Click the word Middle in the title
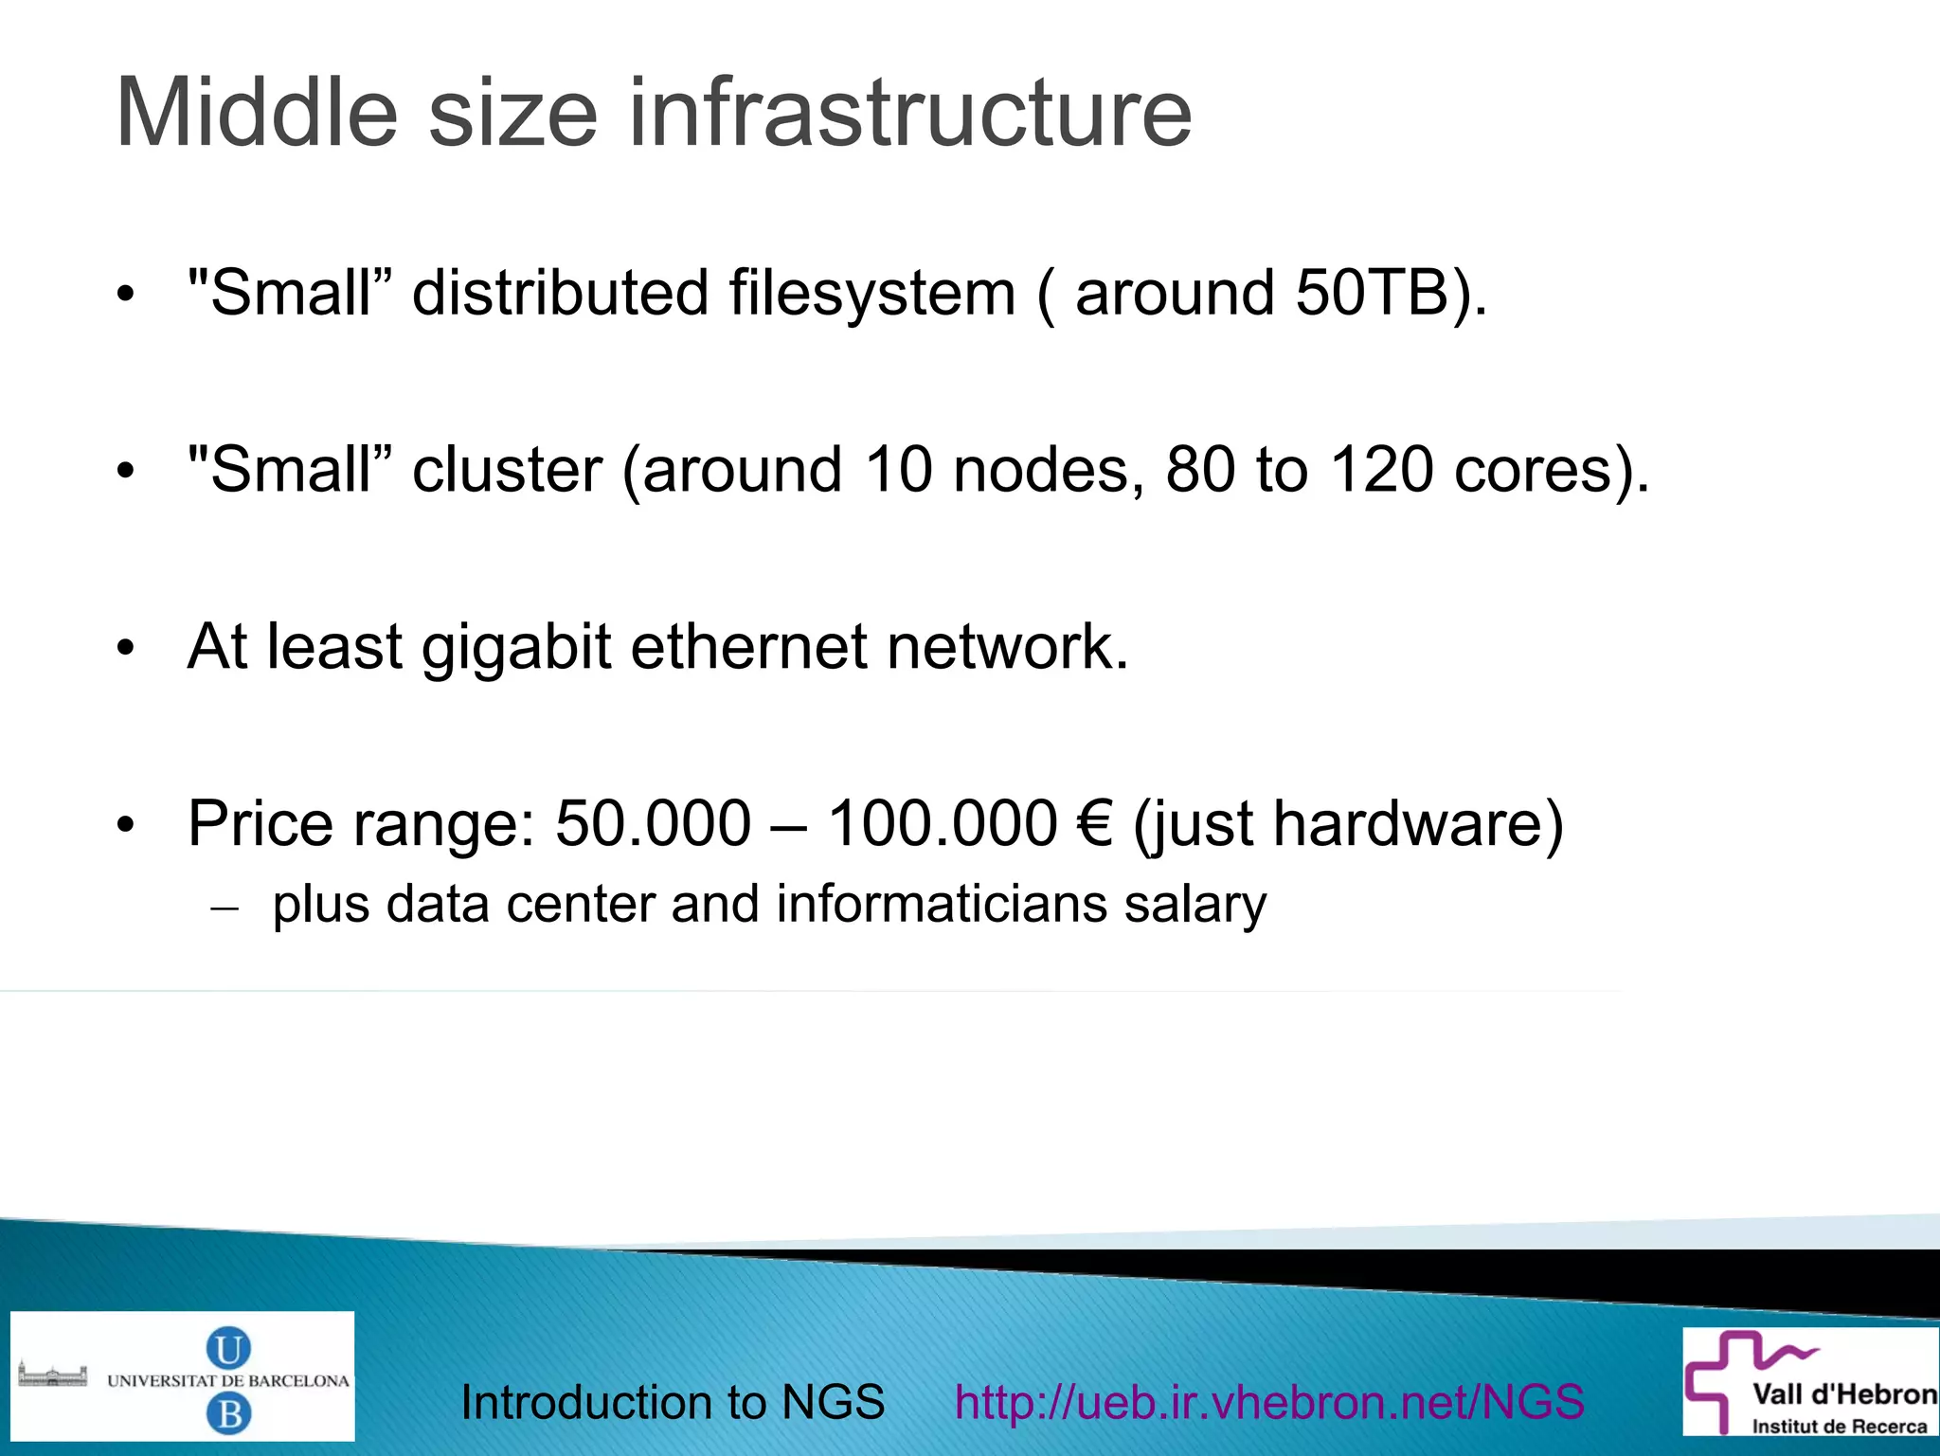[x=256, y=114]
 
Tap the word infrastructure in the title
[x=909, y=114]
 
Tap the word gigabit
[x=516, y=647]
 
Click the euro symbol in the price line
[x=1094, y=824]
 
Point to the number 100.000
[x=942, y=824]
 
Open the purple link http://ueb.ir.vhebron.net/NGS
[x=1269, y=1402]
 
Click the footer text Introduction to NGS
[x=673, y=1402]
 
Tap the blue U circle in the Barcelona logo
[x=228, y=1348]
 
